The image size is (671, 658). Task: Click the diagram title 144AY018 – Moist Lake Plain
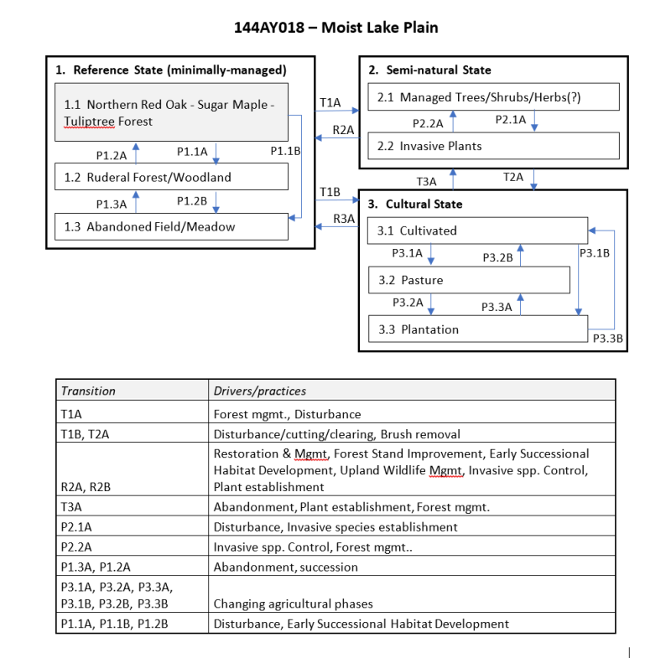coord(335,28)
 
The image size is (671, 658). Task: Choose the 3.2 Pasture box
coord(469,280)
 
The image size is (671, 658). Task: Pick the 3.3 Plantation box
coord(477,329)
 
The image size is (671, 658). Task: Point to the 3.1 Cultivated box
coord(477,231)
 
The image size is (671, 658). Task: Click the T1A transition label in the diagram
coord(330,102)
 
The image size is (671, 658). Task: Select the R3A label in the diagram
coord(344,219)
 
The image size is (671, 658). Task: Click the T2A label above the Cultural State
coord(512,177)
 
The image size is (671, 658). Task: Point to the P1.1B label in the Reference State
coord(285,152)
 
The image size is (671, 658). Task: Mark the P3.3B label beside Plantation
coord(607,339)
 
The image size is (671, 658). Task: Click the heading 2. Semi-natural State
coord(429,70)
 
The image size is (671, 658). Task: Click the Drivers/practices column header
coord(260,391)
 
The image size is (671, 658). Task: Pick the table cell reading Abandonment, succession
coord(285,567)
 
